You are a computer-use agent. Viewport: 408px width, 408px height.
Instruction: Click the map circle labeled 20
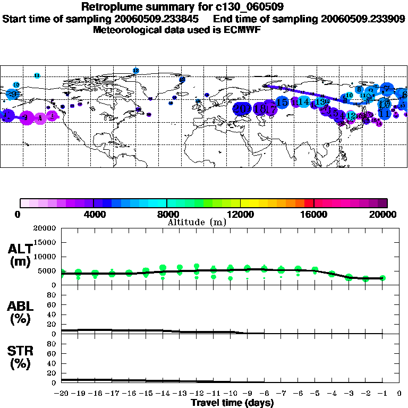[243, 109]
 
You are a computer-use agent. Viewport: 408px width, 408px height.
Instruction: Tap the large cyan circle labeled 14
[303, 101]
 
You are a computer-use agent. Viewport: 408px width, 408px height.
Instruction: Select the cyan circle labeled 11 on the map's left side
[37, 75]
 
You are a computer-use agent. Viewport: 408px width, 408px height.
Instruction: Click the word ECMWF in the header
[243, 30]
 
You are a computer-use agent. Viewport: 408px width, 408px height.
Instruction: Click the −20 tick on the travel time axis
[62, 393]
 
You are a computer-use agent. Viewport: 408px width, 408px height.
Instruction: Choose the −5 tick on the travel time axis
[315, 393]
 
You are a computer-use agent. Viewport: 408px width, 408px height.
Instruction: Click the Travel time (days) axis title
[233, 403]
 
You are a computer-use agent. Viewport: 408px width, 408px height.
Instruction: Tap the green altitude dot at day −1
[382, 278]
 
